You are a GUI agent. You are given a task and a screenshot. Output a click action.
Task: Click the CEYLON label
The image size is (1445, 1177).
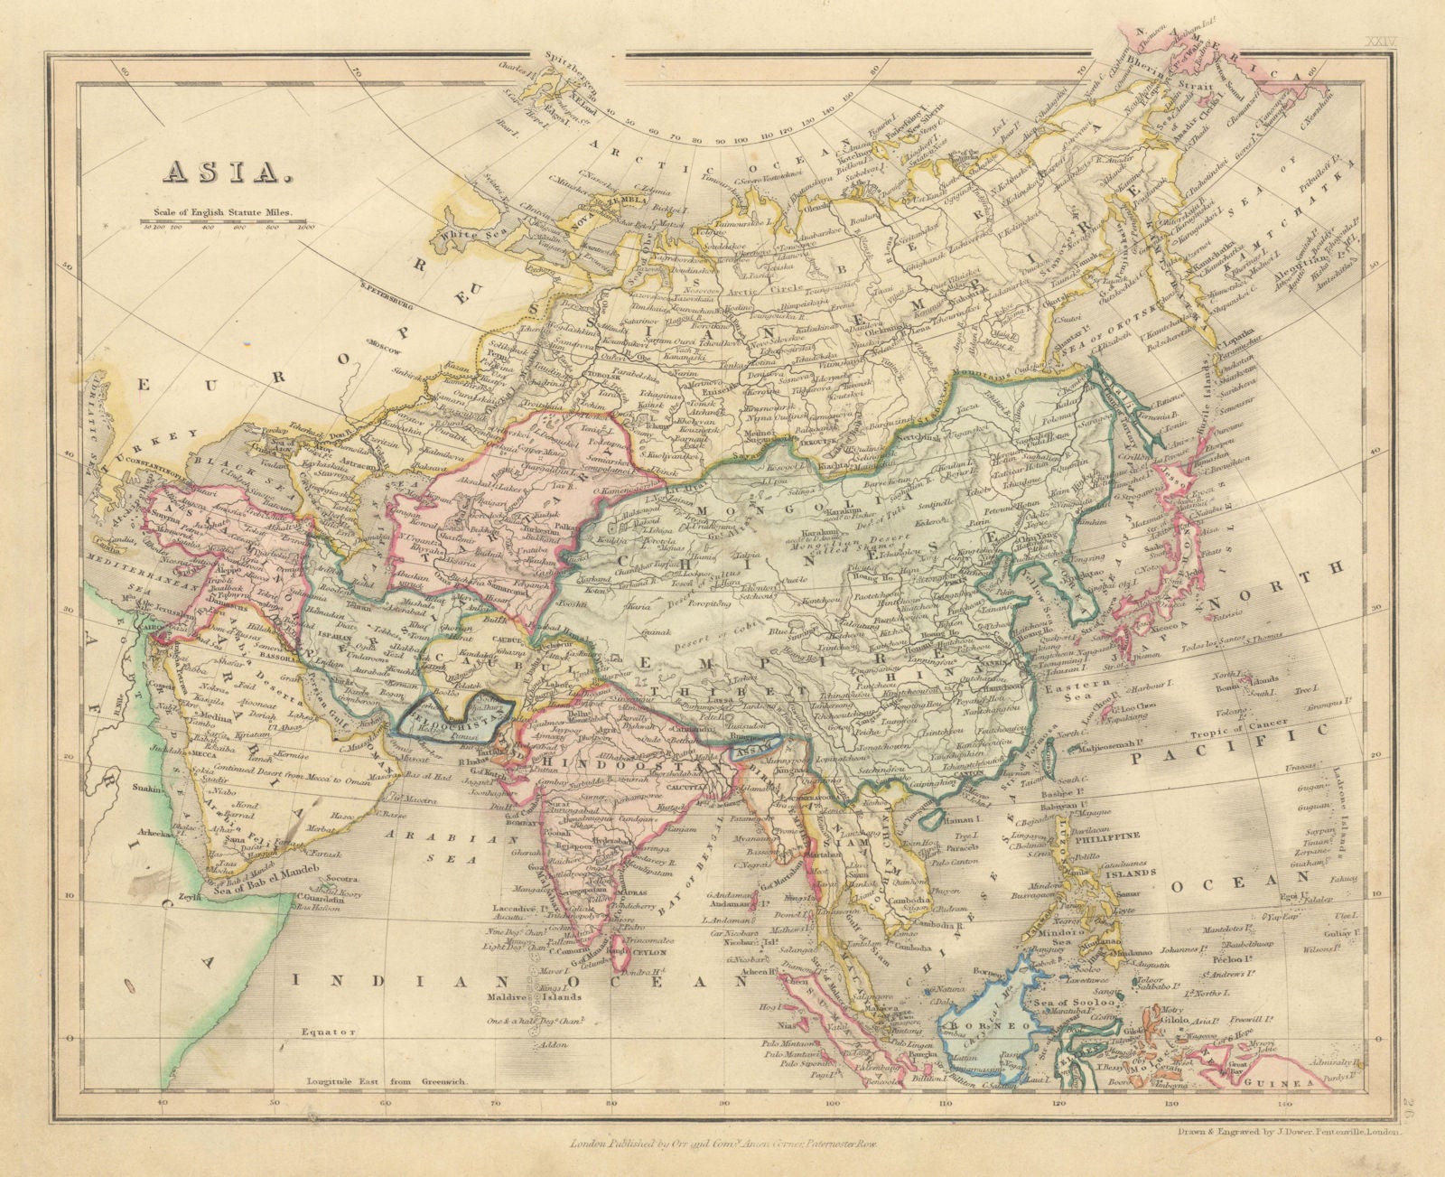(x=648, y=951)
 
